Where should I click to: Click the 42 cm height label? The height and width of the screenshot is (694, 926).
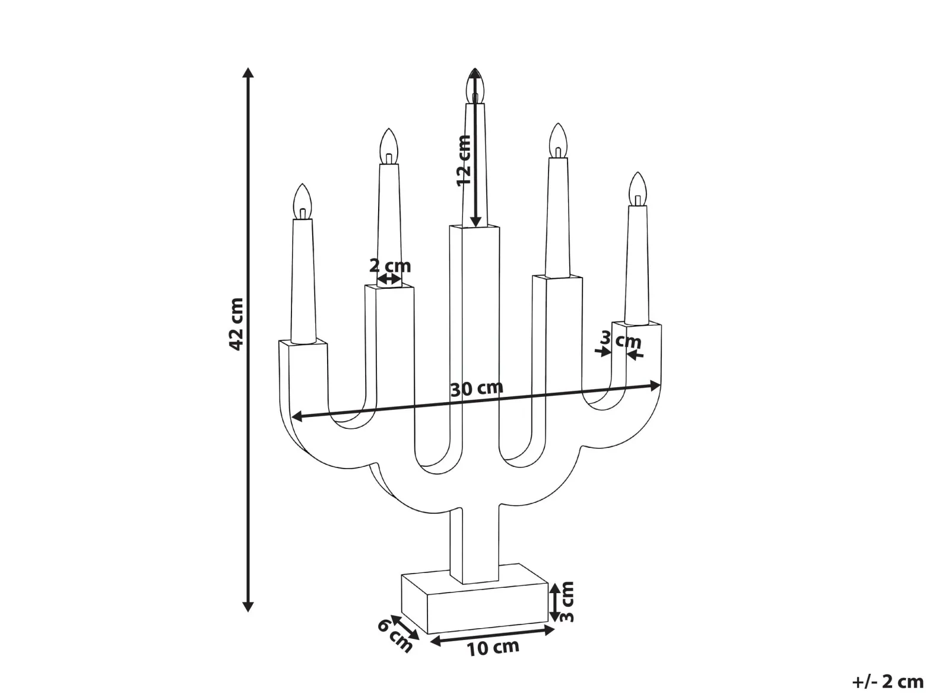[236, 324]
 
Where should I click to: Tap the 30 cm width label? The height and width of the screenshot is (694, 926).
[477, 389]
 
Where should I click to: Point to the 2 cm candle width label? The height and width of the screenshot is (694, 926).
[390, 266]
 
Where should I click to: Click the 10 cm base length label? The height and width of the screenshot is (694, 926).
[492, 648]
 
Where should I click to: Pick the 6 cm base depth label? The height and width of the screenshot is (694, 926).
[395, 636]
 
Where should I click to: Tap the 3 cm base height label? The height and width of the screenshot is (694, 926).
[566, 601]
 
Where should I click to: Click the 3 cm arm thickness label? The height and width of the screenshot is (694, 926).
[620, 339]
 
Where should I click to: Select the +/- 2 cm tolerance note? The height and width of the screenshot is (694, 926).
[887, 682]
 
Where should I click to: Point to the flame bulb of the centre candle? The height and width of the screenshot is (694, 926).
[475, 84]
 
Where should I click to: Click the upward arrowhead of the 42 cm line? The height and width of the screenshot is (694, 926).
[248, 72]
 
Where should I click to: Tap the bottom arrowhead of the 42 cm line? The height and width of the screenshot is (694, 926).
[248, 607]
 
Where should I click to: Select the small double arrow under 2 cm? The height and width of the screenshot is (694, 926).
[389, 279]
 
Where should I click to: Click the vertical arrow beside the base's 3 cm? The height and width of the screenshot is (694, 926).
[555, 601]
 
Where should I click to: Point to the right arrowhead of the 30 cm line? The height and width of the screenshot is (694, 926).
[655, 385]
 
